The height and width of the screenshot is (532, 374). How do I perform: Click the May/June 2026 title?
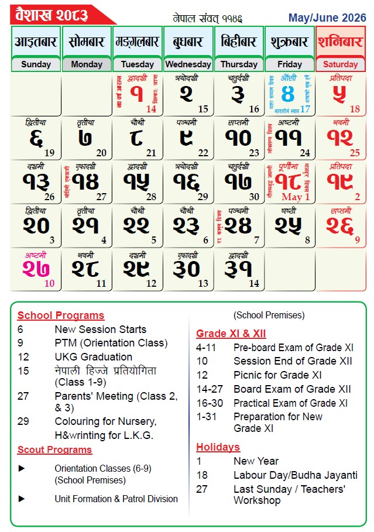click(327, 18)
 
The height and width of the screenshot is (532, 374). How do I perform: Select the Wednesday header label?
click(188, 64)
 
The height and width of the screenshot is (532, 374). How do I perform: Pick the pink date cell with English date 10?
click(36, 269)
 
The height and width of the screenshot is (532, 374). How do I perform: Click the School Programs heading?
click(60, 315)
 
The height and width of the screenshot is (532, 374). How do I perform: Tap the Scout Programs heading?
click(54, 449)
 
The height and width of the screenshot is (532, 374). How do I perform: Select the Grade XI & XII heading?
click(231, 334)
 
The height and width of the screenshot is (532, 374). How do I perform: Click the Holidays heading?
click(218, 447)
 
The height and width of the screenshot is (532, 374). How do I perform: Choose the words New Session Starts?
click(100, 330)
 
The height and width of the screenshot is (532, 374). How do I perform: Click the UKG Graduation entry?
click(93, 356)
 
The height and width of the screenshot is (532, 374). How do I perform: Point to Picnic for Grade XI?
click(277, 375)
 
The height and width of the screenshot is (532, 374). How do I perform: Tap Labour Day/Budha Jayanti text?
click(296, 475)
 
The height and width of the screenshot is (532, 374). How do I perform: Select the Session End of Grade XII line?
click(293, 361)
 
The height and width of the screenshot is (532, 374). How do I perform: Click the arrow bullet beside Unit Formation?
click(22, 499)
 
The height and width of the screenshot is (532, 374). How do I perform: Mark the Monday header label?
click(86, 64)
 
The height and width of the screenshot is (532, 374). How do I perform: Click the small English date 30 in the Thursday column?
click(255, 197)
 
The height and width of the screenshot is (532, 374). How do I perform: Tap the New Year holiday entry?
click(256, 461)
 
